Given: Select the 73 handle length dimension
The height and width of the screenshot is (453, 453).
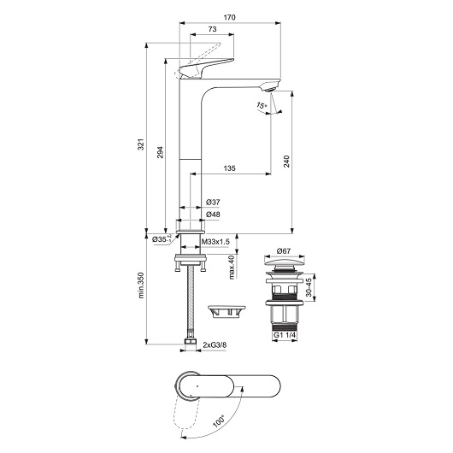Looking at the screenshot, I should (x=210, y=30).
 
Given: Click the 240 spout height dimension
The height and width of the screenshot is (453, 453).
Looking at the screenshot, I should (x=287, y=160).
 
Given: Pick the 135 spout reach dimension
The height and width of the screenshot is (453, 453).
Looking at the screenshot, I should (x=229, y=168).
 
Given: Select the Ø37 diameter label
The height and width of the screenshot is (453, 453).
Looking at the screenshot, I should (x=213, y=203).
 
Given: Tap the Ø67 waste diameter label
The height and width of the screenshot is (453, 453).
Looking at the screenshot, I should (x=285, y=251).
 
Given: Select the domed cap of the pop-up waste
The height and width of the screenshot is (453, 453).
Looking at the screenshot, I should (x=285, y=267).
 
